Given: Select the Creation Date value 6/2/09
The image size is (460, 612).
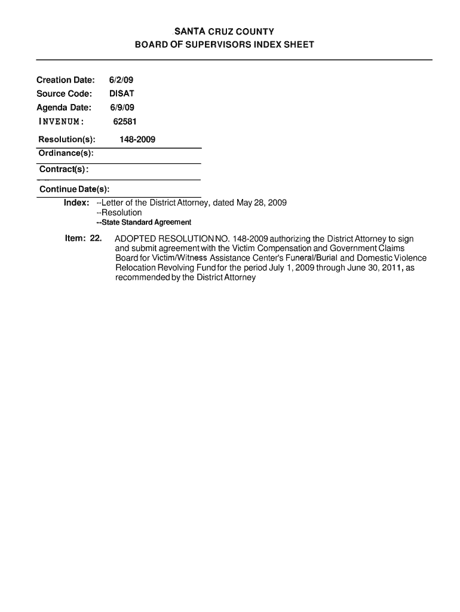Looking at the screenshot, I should (117, 80).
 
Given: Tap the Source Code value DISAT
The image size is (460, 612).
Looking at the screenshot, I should (122, 94).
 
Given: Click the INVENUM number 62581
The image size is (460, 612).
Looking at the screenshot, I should (125, 122).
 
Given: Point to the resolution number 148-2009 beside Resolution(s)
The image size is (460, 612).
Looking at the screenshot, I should (137, 140).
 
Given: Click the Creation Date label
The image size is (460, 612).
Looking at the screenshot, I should (66, 80).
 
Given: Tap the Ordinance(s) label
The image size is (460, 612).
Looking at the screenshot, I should (65, 154).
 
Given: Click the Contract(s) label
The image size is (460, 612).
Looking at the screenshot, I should (64, 170).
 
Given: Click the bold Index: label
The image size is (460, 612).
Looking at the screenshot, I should (76, 203).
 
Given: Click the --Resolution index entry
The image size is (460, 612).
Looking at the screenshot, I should (119, 213).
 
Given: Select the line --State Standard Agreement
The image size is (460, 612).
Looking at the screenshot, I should (144, 222).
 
